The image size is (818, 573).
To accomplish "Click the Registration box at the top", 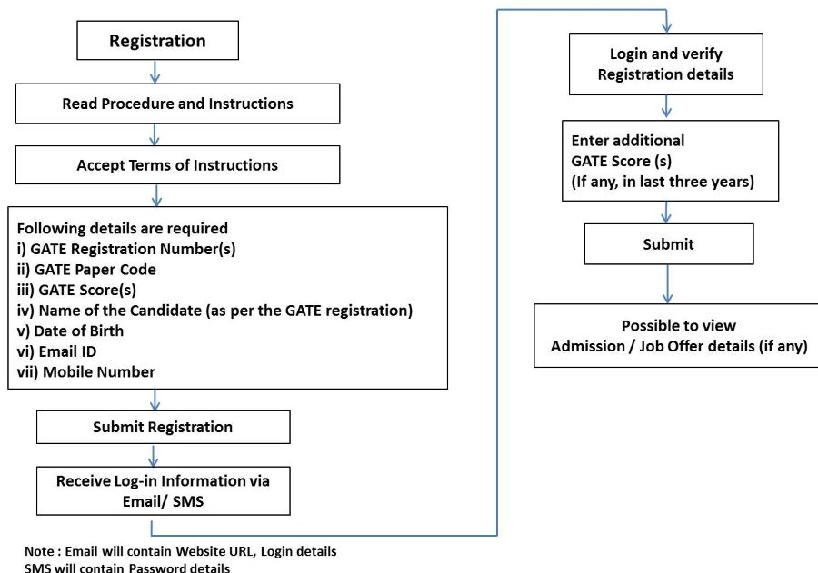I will click(158, 41).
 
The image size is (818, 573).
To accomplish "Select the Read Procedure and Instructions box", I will click(177, 104).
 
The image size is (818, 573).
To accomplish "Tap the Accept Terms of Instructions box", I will click(177, 165).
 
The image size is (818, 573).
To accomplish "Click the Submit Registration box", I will click(163, 427).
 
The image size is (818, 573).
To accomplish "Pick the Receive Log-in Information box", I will click(163, 490).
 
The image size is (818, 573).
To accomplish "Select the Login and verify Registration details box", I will click(665, 64).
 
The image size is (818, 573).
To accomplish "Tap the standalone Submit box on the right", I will click(668, 244).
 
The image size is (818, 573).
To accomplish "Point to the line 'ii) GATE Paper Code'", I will click(86, 269).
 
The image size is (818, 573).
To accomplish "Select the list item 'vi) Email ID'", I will click(59, 351).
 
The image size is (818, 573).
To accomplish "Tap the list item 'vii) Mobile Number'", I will click(86, 372).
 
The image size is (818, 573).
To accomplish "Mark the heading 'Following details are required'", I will click(123, 228).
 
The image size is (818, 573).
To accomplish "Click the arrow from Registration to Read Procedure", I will click(155, 72).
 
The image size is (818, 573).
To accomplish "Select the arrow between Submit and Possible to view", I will click(668, 283).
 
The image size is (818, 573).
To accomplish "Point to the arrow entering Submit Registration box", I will click(156, 400).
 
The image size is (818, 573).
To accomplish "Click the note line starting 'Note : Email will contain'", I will click(181, 551).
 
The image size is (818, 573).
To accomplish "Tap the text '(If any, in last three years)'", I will click(663, 181).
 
